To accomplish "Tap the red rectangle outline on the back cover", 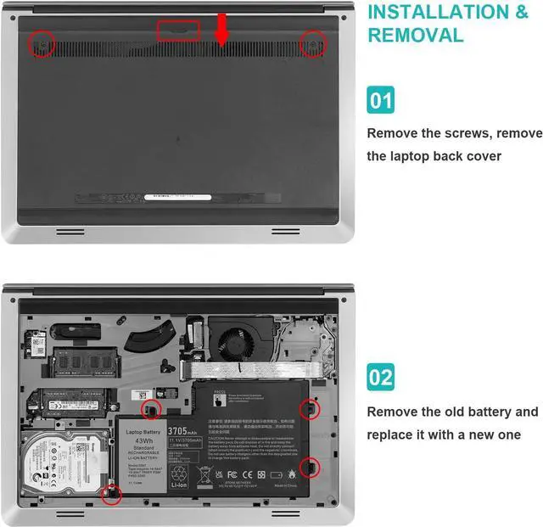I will coord(179,31).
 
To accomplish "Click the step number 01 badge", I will coord(381,101).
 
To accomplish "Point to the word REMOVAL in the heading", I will coord(415,36).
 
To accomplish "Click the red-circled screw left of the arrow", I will coord(40,44).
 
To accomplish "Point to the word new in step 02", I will coord(473,434).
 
